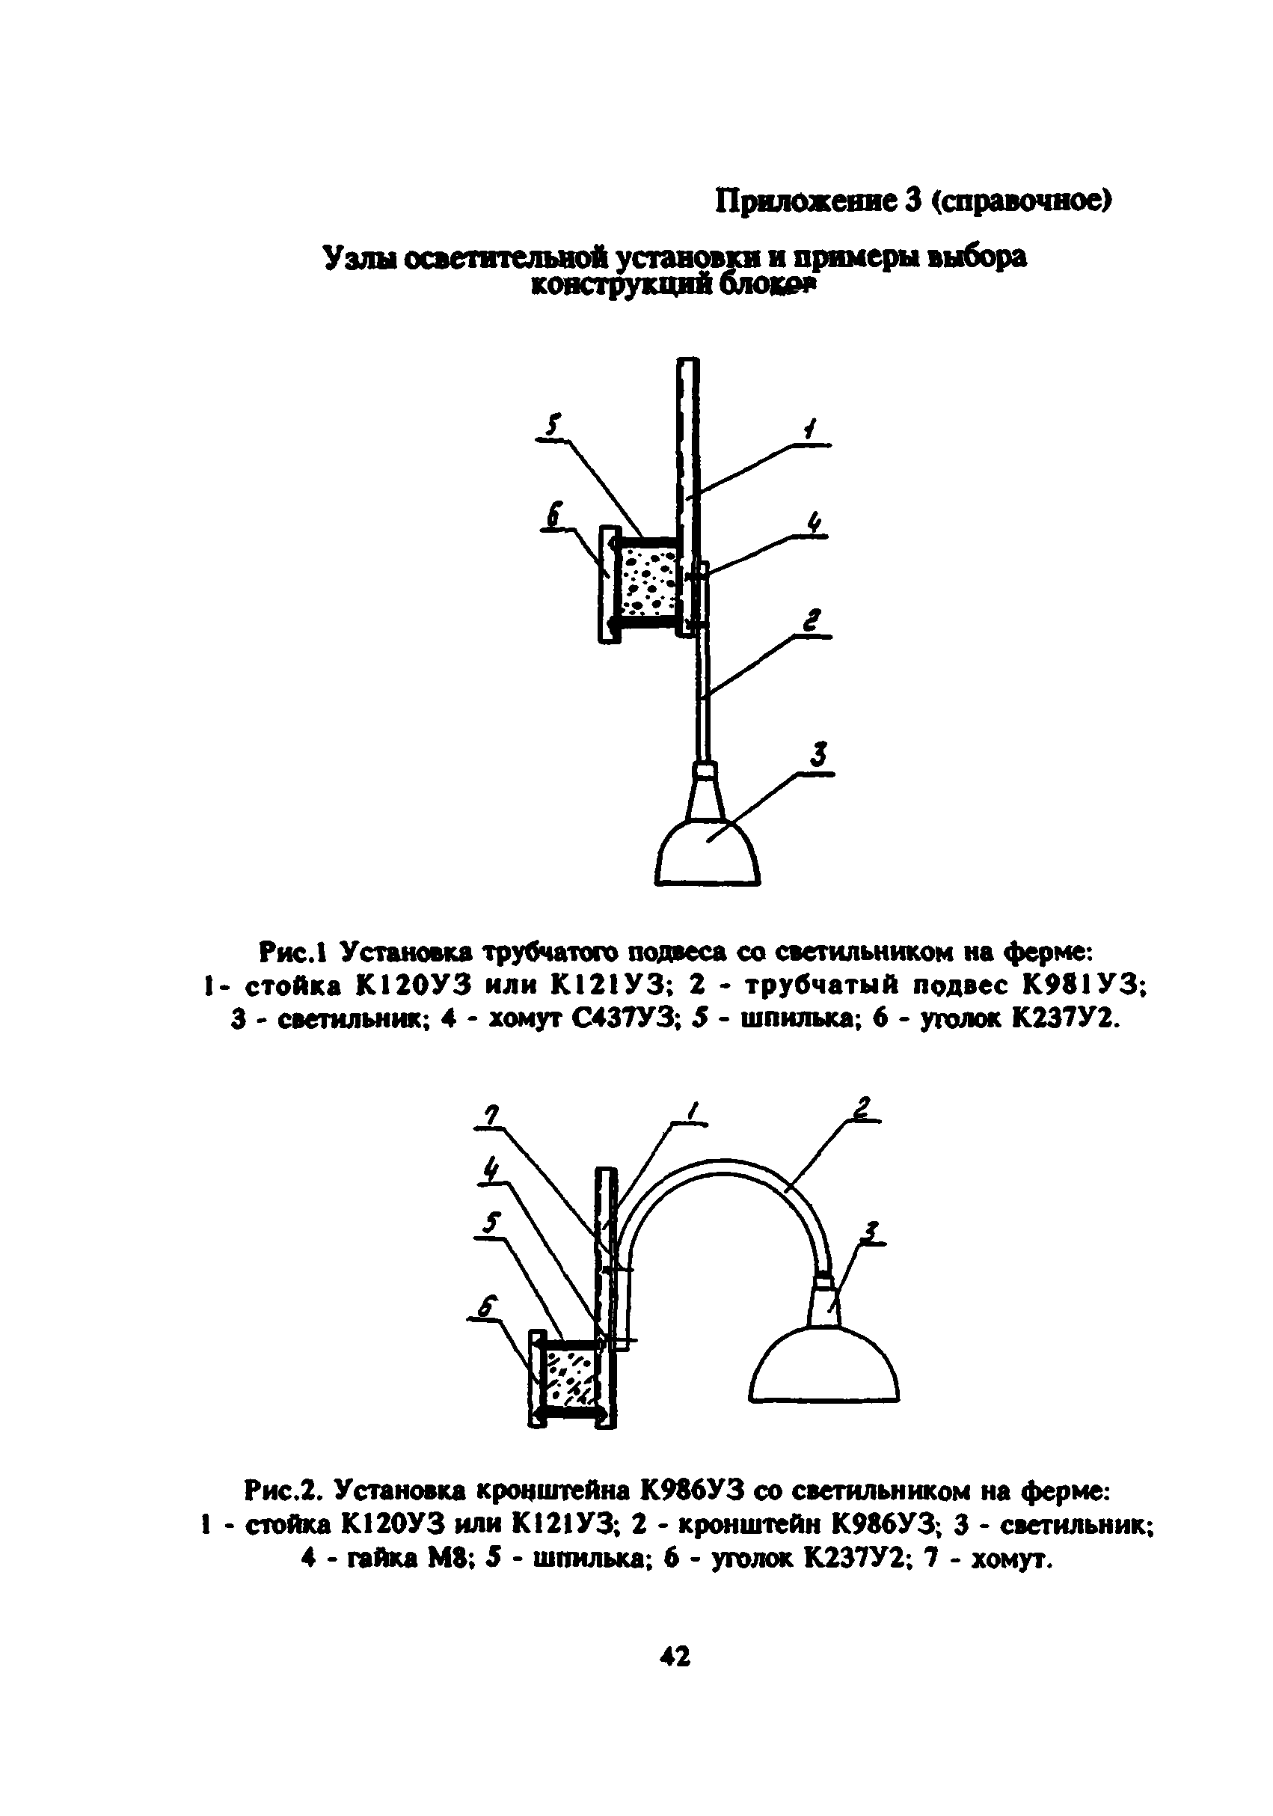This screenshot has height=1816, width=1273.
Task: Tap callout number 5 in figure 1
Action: pyautogui.click(x=553, y=427)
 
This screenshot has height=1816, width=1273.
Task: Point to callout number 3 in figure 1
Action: pyautogui.click(x=818, y=754)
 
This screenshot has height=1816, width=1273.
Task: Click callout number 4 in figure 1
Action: pyautogui.click(x=813, y=524)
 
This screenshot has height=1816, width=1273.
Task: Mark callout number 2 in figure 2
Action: pyautogui.click(x=861, y=1107)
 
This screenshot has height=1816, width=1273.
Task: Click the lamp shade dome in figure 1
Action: pyautogui.click(x=708, y=855)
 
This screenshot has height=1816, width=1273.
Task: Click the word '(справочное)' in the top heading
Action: pyautogui.click(x=1020, y=203)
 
